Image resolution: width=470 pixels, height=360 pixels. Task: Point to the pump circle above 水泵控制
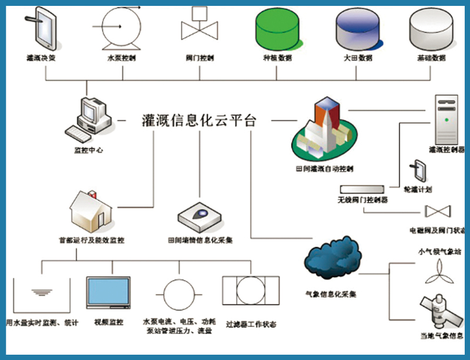122,28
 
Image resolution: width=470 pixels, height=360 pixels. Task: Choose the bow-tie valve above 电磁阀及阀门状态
438,211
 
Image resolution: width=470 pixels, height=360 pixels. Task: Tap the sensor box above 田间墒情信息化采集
200,217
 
